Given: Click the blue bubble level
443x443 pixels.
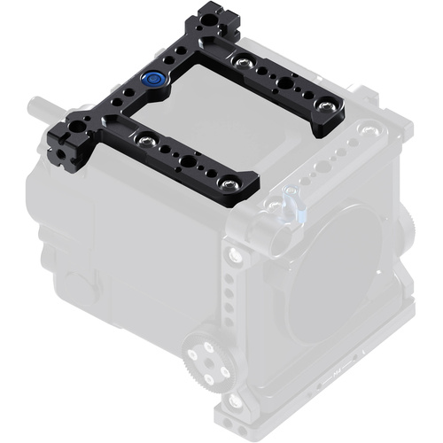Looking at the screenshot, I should tap(154, 79).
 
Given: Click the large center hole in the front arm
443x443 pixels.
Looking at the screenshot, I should tap(189, 164).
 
